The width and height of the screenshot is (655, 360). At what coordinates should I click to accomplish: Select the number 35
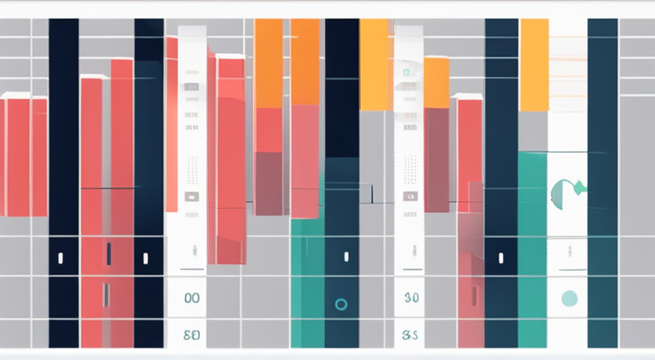pyautogui.click(x=411, y=335)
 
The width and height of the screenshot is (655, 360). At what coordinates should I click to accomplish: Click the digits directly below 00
pyautogui.click(x=192, y=335)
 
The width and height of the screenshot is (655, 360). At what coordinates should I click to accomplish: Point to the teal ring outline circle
pyautogui.click(x=341, y=304)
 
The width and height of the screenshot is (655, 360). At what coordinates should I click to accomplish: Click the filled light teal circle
pyautogui.click(x=571, y=299)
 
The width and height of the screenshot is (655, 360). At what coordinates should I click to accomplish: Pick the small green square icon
pyautogui.click(x=405, y=74)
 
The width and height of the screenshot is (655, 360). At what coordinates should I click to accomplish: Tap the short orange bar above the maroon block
pyautogui.click(x=436, y=82)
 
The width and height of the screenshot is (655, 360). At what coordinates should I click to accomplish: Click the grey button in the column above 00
pyautogui.click(x=192, y=197)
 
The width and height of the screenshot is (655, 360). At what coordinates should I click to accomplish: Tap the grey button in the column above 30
pyautogui.click(x=411, y=197)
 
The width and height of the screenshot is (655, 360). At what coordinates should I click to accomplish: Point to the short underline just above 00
pyautogui.click(x=192, y=269)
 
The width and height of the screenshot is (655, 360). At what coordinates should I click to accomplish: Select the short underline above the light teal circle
pyautogui.click(x=571, y=269)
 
